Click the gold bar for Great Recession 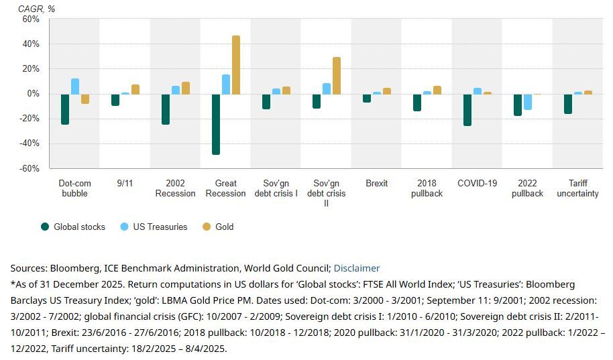click(236, 64)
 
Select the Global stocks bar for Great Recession click(216, 124)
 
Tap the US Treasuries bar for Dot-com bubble click(75, 86)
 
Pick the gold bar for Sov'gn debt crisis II click(337, 75)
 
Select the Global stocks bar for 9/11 click(115, 100)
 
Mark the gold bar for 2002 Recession click(186, 88)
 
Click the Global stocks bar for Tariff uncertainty click(568, 104)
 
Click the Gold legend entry click(224, 227)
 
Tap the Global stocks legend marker click(45, 227)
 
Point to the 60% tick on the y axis click(31, 19)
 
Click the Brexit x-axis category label click(377, 183)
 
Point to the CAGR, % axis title click(36, 7)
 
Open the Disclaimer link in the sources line click(357, 268)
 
